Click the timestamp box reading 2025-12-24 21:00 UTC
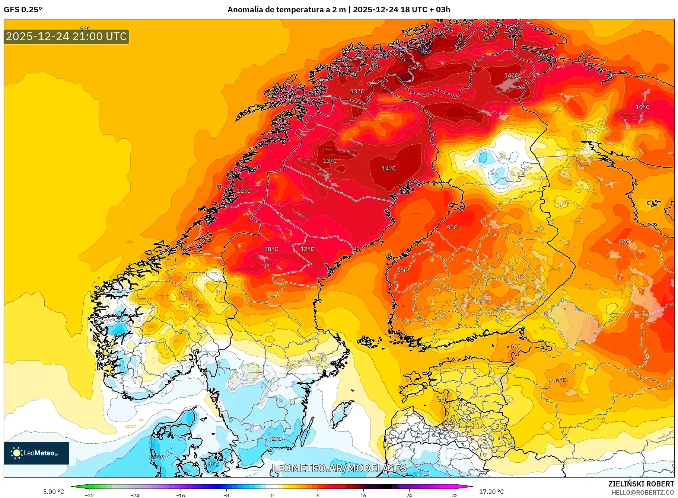66,36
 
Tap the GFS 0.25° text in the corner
23,10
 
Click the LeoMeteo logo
36,453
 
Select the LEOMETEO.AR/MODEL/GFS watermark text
339,468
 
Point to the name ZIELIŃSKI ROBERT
641,484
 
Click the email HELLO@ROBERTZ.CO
643,492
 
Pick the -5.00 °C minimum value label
52,492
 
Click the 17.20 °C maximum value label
491,492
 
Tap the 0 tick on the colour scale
272,495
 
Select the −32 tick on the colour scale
89,495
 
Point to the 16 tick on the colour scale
363,495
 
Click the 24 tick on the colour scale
409,495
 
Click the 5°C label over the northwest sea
85,29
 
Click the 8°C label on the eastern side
624,242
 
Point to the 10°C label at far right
642,107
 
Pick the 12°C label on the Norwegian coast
244,191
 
